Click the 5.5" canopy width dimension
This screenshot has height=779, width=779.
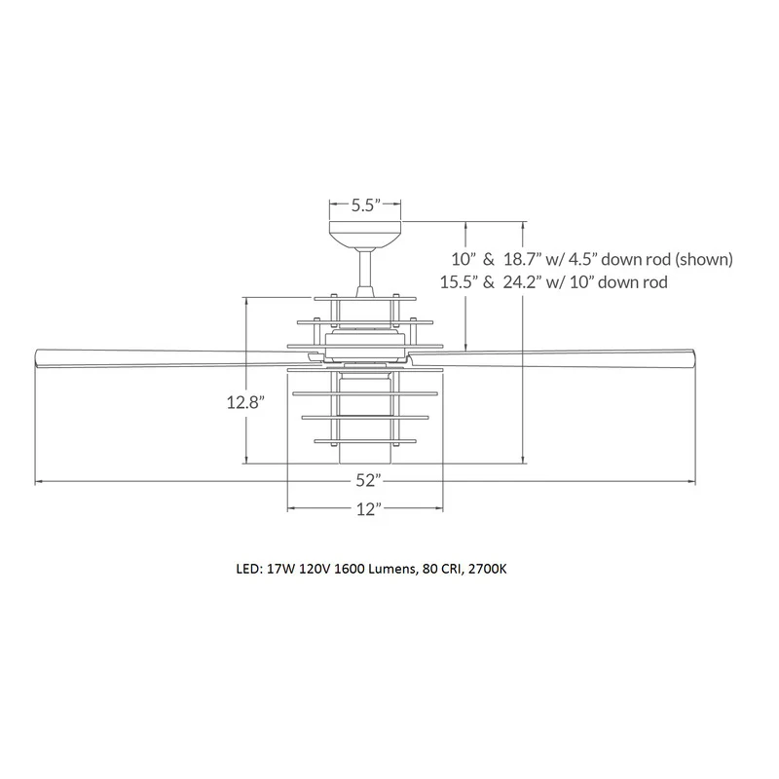(366, 205)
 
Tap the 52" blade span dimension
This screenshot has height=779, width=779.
(368, 480)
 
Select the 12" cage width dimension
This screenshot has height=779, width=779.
(369, 508)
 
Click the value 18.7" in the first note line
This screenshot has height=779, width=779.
(522, 259)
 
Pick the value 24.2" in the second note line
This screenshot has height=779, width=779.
(522, 282)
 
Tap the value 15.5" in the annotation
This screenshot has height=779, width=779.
(459, 282)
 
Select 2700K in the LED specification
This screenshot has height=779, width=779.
(487, 569)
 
